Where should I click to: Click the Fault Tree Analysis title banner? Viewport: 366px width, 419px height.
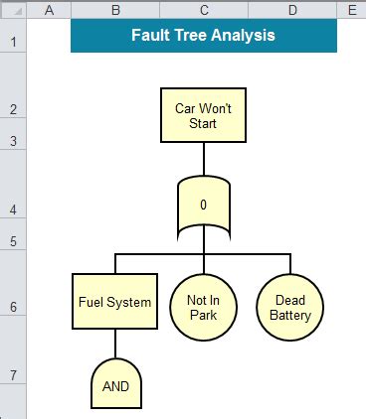coord(204,36)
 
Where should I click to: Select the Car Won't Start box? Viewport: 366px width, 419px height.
coord(203,115)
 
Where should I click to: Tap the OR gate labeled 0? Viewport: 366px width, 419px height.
coord(203,207)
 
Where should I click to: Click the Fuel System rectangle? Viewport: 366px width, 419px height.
coord(114,302)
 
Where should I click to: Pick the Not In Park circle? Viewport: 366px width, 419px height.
coord(203,308)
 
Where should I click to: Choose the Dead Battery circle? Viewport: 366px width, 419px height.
coord(289,308)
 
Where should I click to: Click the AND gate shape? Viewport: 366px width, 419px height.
coord(115,384)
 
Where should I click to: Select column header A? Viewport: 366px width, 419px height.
coord(50,9)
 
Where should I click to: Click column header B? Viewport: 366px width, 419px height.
coord(115,9)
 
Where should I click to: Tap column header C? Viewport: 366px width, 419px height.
coord(204,9)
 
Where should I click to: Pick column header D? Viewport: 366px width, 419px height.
coord(292,9)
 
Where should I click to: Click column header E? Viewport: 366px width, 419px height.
coord(351,9)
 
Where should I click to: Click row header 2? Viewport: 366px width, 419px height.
coord(13,109)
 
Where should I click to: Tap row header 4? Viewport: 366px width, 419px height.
coord(13,209)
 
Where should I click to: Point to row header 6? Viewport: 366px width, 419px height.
coord(13,308)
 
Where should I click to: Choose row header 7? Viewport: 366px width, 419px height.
coord(13,374)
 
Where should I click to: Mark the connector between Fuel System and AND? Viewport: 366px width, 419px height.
coord(115,344)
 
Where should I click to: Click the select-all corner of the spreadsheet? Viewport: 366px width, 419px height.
coord(13,9)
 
